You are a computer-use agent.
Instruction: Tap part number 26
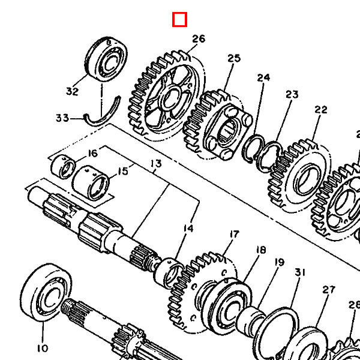coord(199,39)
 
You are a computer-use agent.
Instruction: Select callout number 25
coord(234,58)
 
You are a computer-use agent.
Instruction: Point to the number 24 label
coord(263,78)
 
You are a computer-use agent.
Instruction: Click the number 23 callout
coord(292,94)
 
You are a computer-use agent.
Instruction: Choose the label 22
coord(321,110)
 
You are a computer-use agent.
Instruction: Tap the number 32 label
coord(73,91)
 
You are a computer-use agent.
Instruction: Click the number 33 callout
coord(62,118)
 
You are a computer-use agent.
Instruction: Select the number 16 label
coord(93,154)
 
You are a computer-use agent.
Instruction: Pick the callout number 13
coord(156,164)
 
